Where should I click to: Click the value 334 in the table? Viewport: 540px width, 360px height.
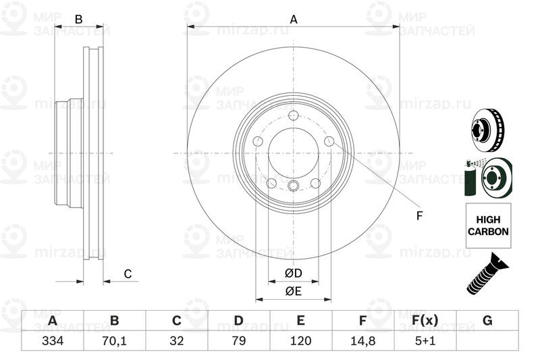click(53, 340)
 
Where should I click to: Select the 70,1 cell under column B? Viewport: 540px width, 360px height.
click(114, 340)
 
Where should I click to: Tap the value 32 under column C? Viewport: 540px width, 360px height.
click(177, 340)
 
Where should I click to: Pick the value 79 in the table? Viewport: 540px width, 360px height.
click(239, 340)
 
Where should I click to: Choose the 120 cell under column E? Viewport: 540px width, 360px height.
click(300, 340)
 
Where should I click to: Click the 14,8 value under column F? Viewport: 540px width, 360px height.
click(362, 340)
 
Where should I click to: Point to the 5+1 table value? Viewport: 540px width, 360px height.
click(425, 340)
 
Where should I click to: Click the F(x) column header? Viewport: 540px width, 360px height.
click(425, 320)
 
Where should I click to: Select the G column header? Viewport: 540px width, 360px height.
click(487, 320)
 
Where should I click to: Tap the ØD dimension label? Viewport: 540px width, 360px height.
click(294, 273)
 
